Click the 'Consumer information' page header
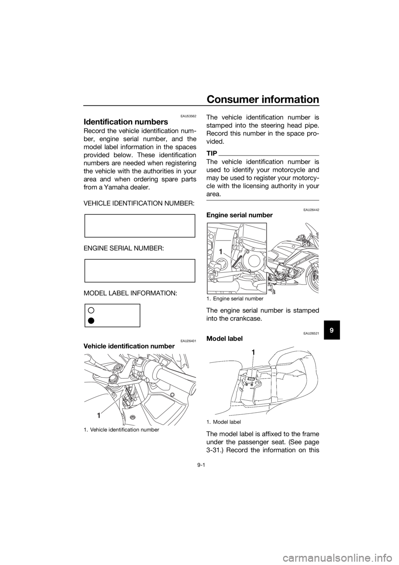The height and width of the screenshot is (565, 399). pyautogui.click(x=263, y=99)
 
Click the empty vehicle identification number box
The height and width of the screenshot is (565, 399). pyautogui.click(x=140, y=226)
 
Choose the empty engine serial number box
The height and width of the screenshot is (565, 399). pyautogui.click(x=140, y=270)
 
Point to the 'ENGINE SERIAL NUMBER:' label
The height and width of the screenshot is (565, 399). pyautogui.click(x=124, y=248)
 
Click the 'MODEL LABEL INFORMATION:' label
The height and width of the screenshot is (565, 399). pyautogui.click(x=130, y=293)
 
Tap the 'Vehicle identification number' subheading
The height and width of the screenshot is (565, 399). pyautogui.click(x=129, y=346)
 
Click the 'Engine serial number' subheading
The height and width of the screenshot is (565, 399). pyautogui.click(x=239, y=215)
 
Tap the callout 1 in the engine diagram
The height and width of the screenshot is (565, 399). pyautogui.click(x=220, y=251)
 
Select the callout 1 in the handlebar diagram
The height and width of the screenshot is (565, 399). pyautogui.click(x=99, y=415)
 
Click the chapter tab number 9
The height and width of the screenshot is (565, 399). pyautogui.click(x=330, y=330)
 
